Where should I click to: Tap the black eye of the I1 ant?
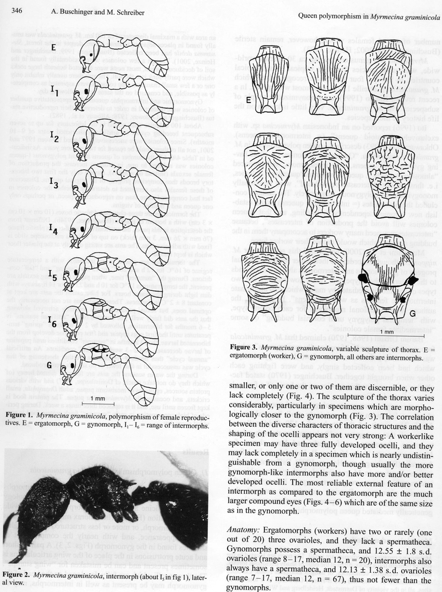(86, 91)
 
